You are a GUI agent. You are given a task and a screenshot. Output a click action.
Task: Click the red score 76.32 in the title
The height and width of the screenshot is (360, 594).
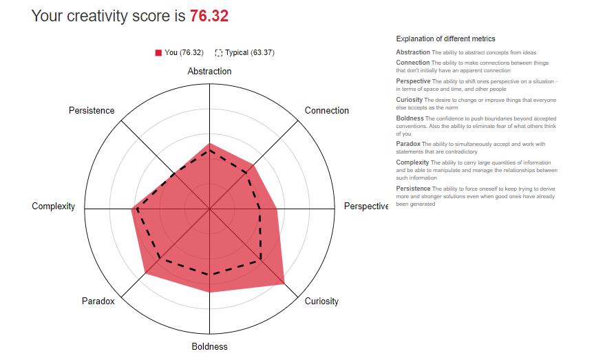[x=209, y=16]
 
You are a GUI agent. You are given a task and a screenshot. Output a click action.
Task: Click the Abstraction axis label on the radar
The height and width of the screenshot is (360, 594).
[x=209, y=72]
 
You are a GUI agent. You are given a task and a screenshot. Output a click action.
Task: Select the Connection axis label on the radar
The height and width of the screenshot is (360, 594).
[x=326, y=111]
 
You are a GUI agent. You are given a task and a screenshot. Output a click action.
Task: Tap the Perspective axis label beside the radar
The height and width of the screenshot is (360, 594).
[x=365, y=207]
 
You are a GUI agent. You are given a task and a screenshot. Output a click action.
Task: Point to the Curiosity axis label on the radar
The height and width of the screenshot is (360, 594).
[x=321, y=301]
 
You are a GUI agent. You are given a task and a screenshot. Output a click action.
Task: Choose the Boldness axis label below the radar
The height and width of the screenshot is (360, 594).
[x=209, y=347]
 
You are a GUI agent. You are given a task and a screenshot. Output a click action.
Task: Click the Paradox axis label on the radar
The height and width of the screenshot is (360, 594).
[x=98, y=301]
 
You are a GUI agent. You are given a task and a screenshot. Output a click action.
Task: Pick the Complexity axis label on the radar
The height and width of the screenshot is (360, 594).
[x=54, y=207]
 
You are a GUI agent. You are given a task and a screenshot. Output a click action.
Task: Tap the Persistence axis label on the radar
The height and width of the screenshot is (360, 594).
[x=92, y=111]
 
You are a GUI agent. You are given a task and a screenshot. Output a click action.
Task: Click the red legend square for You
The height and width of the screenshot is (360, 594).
[x=158, y=52]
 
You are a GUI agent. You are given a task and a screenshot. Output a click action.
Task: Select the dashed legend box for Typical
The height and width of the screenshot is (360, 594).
[x=219, y=52]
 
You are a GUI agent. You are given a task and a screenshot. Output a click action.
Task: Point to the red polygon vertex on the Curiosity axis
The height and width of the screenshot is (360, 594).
[x=284, y=283]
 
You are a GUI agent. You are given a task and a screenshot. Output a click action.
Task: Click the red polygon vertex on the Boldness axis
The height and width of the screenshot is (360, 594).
[x=209, y=292]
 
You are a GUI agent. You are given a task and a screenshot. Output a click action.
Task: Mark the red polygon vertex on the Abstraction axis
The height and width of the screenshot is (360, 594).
[x=209, y=143]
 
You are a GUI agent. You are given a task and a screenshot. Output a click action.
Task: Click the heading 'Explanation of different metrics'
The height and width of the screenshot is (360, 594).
[x=445, y=39]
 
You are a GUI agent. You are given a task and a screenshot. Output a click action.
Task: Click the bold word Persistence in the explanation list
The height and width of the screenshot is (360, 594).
[x=413, y=189]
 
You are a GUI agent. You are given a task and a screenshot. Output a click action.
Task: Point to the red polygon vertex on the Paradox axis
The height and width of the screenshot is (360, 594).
[x=145, y=273]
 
